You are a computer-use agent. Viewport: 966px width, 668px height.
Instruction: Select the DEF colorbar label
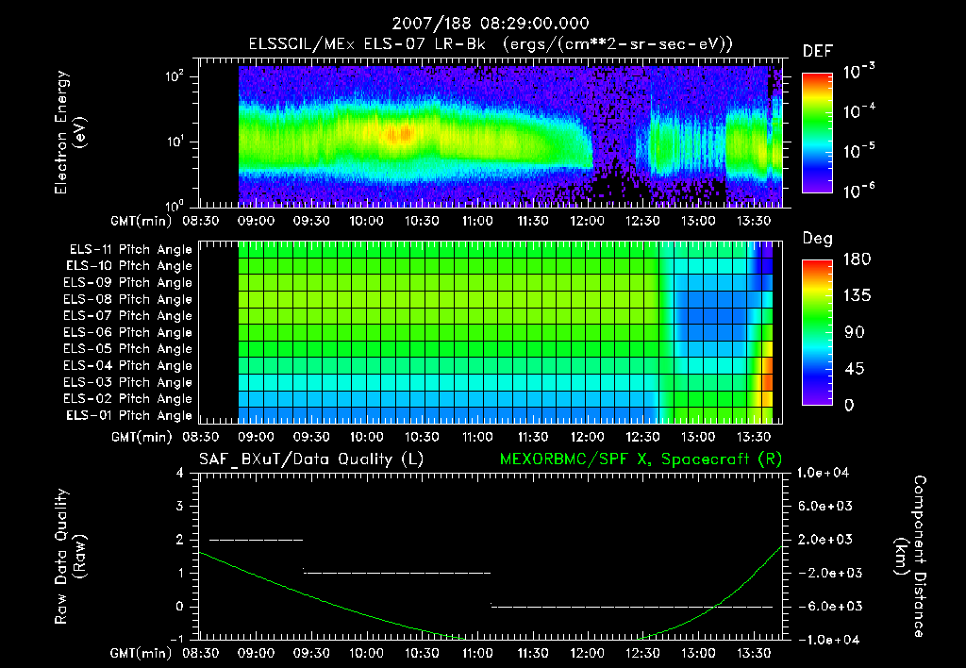[817, 51]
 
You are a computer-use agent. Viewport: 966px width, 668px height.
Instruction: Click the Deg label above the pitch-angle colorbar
[817, 239]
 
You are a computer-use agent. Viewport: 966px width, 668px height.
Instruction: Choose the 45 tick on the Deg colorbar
[849, 369]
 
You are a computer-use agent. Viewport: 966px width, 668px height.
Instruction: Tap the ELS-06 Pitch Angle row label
[127, 333]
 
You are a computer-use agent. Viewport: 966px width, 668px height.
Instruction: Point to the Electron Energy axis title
[70, 139]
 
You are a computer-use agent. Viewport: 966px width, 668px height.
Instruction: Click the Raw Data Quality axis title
[70, 557]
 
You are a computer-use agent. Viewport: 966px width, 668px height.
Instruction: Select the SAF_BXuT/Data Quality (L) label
[310, 459]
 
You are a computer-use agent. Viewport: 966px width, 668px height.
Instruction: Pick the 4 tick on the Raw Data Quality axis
[188, 473]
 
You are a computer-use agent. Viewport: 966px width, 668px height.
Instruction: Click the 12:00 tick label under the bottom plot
[588, 654]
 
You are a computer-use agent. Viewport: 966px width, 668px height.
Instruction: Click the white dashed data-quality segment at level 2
[257, 540]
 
